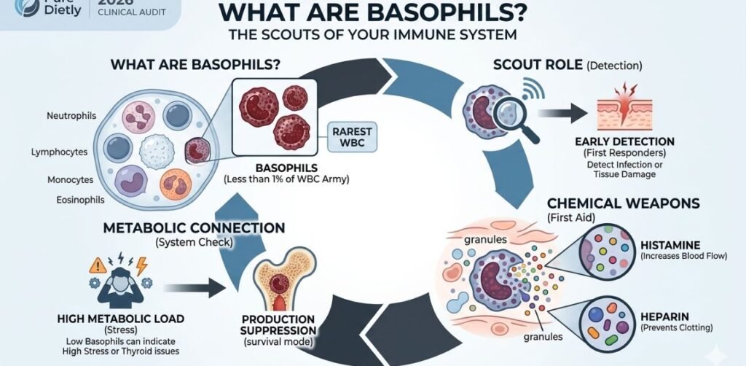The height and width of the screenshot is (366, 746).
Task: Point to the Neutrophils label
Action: point(67,116)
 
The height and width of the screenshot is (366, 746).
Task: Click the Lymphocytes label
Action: point(60,152)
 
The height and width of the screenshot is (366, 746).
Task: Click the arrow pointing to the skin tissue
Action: point(561,112)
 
